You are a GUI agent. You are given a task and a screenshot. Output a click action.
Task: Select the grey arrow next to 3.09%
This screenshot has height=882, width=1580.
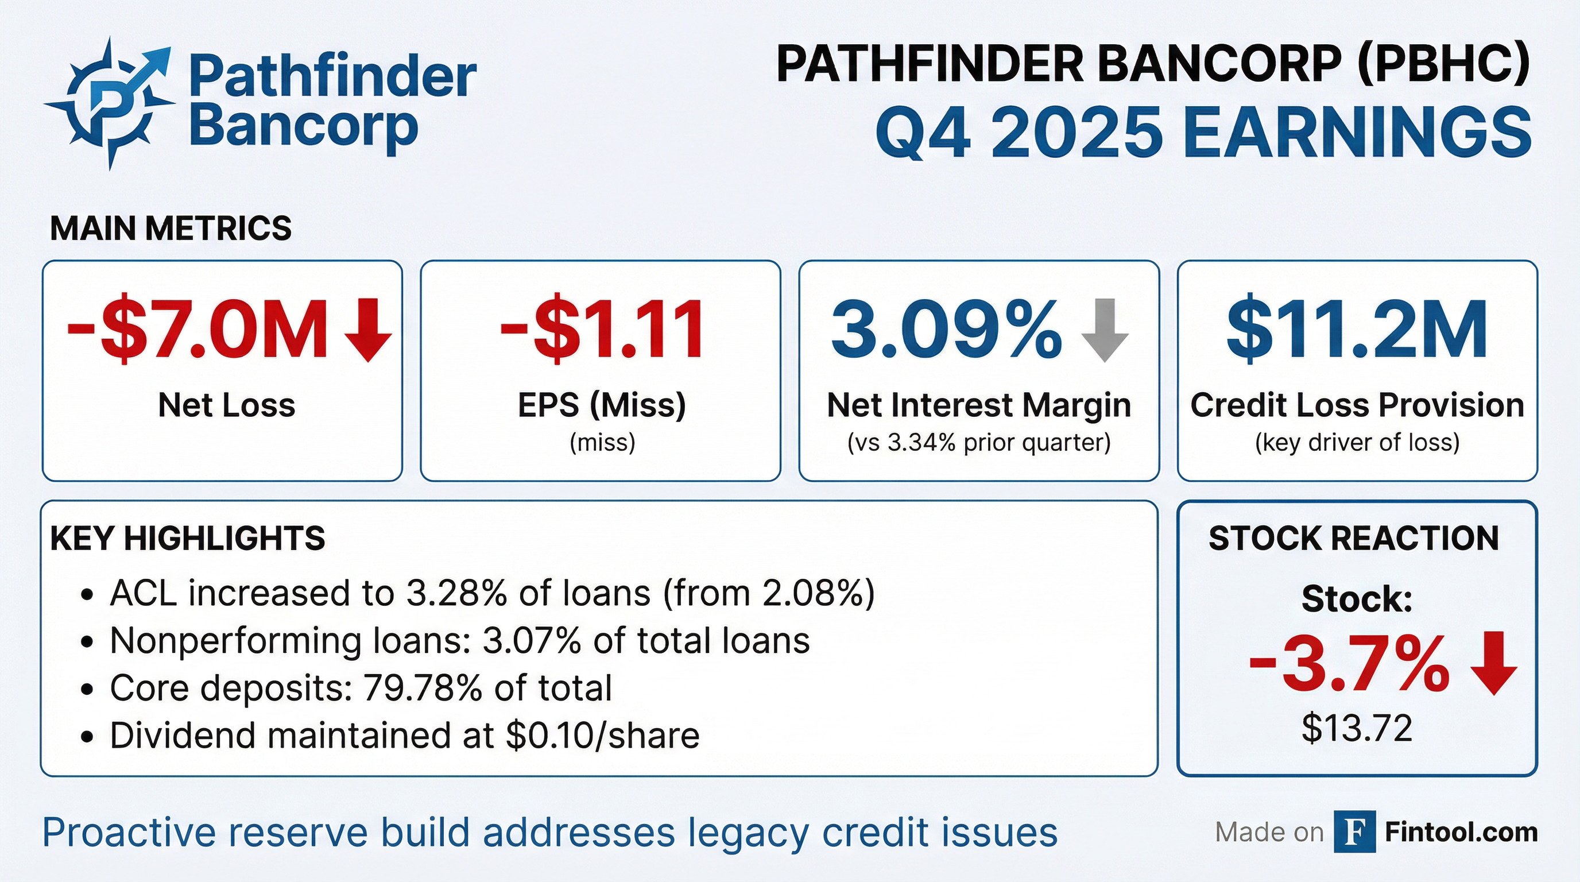1105,330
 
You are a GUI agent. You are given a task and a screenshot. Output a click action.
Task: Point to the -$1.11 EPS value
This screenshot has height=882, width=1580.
602,331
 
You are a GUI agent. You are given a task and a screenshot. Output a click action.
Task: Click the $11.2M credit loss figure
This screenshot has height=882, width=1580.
1357,330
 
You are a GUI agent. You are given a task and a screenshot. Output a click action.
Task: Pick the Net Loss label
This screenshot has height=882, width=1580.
226,405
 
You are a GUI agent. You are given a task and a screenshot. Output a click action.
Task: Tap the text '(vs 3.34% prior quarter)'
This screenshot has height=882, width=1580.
979,442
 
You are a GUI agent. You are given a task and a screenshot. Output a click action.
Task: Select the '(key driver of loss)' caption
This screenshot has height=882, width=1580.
1357,442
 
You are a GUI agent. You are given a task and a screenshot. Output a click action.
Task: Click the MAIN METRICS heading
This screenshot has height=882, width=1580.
171,228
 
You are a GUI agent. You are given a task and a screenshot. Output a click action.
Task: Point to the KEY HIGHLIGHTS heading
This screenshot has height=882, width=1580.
188,539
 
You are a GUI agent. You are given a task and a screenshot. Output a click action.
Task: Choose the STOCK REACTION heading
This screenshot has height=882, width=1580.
1354,539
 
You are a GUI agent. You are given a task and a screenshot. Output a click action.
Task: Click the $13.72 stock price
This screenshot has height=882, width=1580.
1357,729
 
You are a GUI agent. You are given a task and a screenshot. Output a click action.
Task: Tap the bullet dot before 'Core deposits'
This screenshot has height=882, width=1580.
87,690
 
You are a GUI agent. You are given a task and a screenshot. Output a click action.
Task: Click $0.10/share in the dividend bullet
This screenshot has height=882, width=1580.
602,736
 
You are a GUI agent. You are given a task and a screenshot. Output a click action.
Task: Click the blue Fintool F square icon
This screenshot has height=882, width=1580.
1354,831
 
